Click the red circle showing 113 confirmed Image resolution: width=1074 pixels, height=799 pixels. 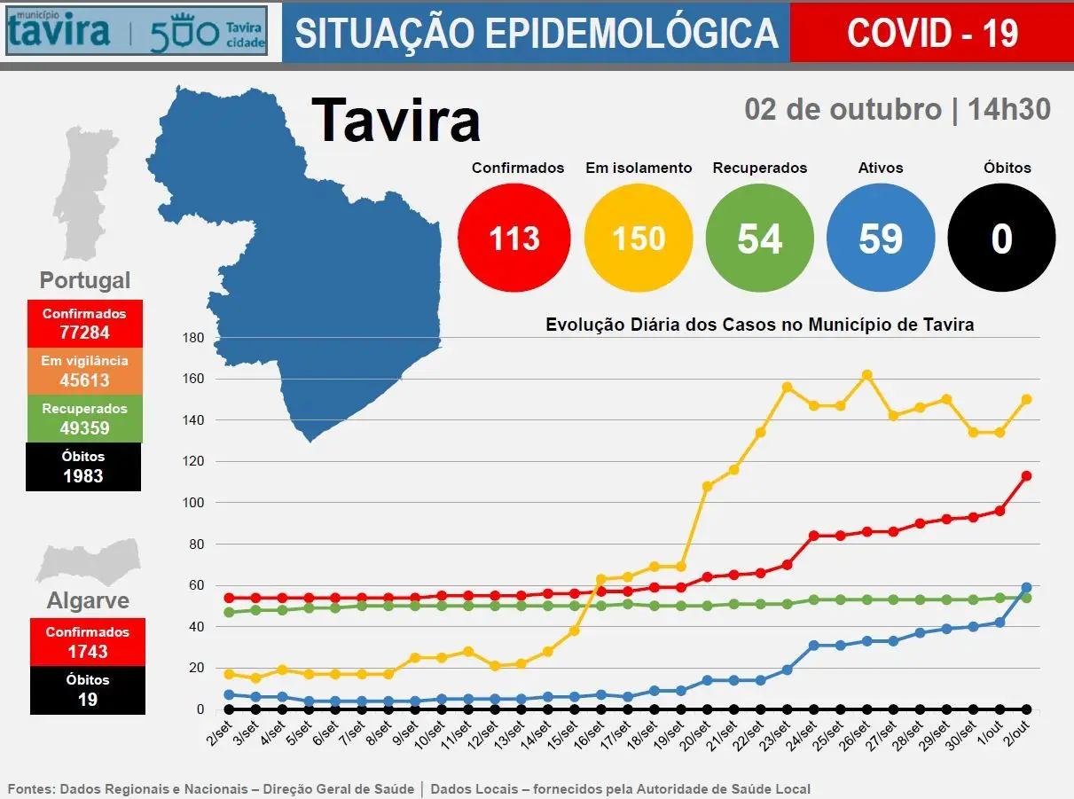[513, 238]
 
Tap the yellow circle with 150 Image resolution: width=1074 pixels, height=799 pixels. [639, 238]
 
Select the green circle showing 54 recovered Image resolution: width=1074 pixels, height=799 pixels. [759, 238]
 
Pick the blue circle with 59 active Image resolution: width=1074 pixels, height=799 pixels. [881, 238]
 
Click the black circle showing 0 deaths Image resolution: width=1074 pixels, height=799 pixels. [1001, 238]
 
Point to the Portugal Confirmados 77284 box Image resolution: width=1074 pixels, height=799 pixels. [84, 324]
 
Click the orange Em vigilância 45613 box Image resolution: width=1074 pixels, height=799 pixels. [84, 372]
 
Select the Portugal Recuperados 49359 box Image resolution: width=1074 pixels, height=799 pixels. [84, 419]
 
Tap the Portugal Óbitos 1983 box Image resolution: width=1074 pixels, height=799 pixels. [84, 467]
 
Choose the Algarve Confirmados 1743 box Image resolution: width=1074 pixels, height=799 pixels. [87, 642]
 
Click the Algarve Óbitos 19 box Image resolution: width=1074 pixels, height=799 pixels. [87, 690]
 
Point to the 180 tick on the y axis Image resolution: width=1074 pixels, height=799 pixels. [193, 338]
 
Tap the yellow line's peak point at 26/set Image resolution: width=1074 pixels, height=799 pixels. [867, 375]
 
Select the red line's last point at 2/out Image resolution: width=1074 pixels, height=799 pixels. [1026, 475]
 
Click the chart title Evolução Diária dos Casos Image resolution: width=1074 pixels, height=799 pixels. [759, 325]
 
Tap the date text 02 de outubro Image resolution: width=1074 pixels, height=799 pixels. [843, 109]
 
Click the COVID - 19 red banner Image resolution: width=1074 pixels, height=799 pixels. [931, 33]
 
